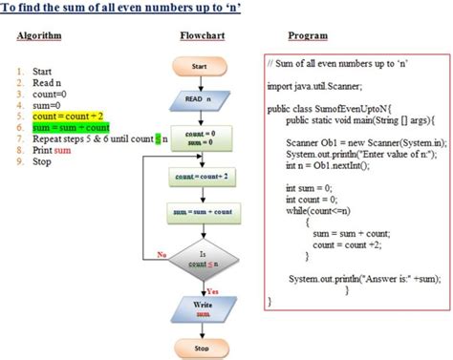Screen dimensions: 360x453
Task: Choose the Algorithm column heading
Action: pyautogui.click(x=40, y=35)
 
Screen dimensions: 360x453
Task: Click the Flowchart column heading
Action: pyautogui.click(x=204, y=35)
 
